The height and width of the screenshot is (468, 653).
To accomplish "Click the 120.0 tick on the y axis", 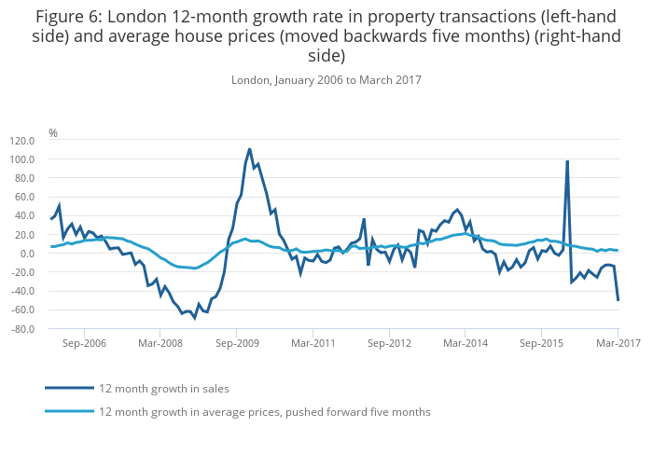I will [21, 141].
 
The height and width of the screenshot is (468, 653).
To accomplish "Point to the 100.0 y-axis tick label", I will [21, 159].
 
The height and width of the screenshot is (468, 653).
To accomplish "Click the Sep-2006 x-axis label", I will [84, 343].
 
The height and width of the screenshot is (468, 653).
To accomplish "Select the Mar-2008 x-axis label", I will [160, 343].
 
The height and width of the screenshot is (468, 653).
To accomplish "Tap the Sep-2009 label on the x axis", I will [237, 343].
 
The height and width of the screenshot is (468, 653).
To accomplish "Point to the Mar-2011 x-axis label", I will [313, 343].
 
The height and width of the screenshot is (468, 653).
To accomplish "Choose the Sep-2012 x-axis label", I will [389, 343].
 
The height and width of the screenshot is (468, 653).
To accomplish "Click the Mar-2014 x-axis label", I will [465, 343].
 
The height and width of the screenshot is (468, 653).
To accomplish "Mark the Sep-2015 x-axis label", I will [542, 343].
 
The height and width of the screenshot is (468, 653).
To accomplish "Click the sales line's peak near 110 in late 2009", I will [250, 149].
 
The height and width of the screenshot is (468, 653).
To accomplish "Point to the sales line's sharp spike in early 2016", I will [567, 161].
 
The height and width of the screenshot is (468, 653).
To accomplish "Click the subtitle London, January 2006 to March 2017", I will [326, 80].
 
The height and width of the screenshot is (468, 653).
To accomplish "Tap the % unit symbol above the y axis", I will [53, 133].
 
